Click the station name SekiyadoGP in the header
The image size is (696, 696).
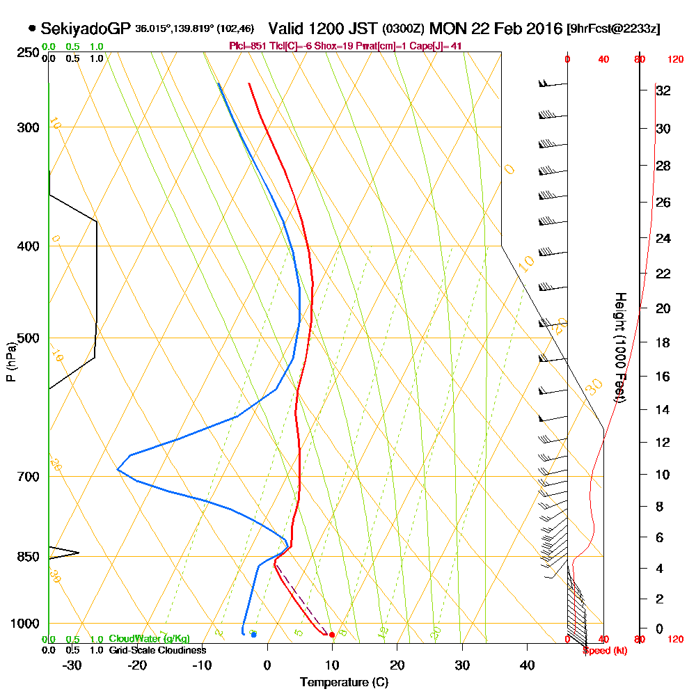(85, 29)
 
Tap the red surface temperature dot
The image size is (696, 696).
(332, 635)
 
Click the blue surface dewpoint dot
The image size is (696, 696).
(253, 635)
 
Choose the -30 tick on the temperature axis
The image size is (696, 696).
(72, 665)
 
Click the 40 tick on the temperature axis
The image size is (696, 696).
(527, 665)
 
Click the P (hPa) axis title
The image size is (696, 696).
(10, 362)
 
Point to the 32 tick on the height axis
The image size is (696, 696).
(663, 90)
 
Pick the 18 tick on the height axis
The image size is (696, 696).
(663, 342)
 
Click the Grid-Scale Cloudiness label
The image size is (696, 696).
(157, 650)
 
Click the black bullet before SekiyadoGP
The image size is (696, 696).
(32, 29)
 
